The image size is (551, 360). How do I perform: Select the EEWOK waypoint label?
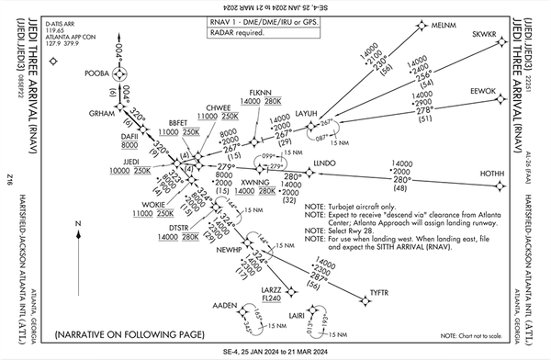[x=482, y=92]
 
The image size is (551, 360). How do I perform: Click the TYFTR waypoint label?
[x=379, y=292]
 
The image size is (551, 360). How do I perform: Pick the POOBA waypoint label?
[x=97, y=72]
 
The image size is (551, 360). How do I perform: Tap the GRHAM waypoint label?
[x=100, y=113]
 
